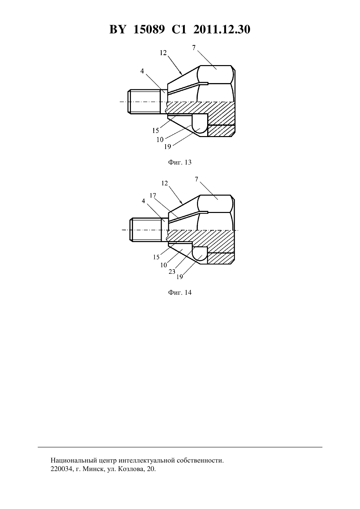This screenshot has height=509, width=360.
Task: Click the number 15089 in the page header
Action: coord(149,29)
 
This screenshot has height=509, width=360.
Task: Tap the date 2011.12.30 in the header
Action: coord(222,29)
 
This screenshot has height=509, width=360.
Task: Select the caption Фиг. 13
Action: coord(180,162)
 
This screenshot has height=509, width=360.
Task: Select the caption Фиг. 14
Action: coord(180,292)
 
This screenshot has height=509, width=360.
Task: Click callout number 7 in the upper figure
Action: coord(194,48)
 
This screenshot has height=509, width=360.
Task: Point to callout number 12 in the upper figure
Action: coord(163,53)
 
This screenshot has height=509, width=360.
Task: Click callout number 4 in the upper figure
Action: coord(142,71)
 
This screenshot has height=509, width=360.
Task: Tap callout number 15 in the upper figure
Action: coord(155,131)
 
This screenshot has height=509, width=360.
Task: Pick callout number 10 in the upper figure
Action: coord(160,140)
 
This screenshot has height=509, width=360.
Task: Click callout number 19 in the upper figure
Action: coord(168,147)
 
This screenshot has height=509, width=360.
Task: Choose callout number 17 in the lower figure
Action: coord(153,195)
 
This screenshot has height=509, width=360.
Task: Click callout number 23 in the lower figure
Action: coord(172,272)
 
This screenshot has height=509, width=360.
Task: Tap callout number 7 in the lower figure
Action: coord(197,179)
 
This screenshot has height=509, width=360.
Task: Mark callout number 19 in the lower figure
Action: coord(180,277)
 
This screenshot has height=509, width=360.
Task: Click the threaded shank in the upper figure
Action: coord(144,102)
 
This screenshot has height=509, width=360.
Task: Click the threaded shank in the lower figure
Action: coord(145,230)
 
